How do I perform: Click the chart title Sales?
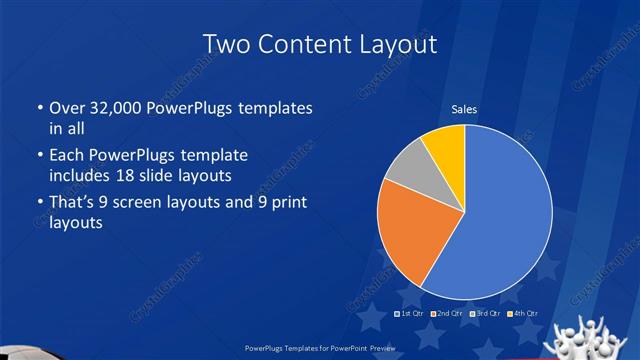(x=463, y=108)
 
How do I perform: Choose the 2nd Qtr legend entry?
(x=448, y=314)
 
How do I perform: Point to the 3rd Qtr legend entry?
(x=485, y=314)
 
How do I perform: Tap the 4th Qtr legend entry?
(x=522, y=314)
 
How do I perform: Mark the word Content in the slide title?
(x=301, y=44)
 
